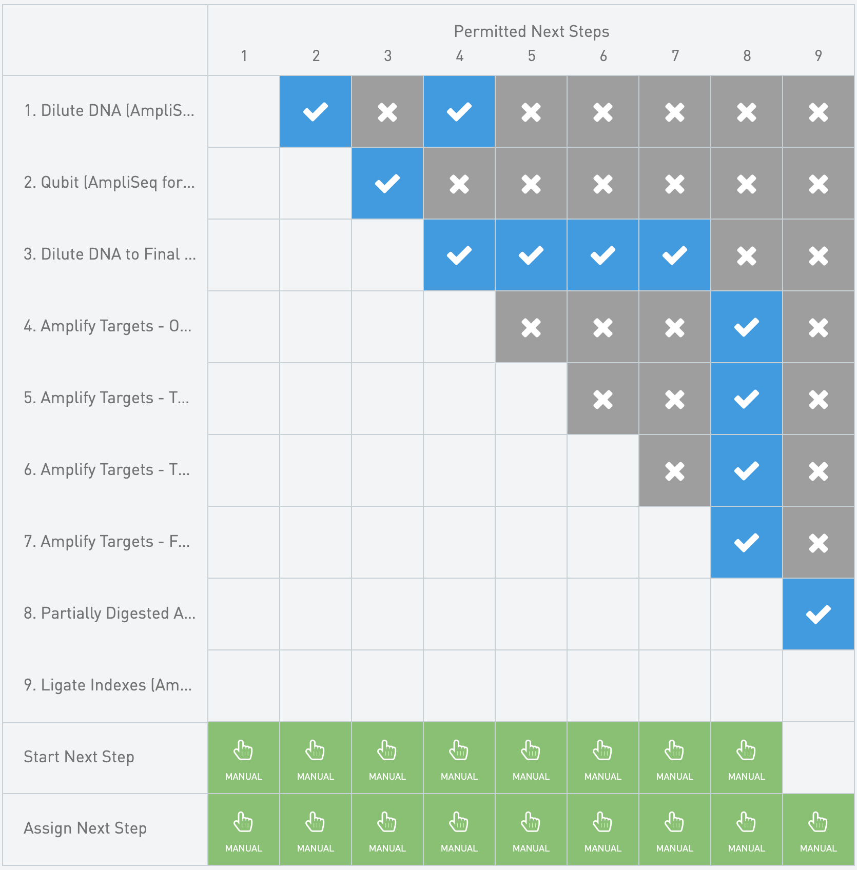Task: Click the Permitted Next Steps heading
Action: click(x=531, y=32)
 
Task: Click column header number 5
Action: click(x=531, y=55)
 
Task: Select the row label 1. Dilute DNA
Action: click(x=109, y=111)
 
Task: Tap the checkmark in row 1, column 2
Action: click(x=316, y=111)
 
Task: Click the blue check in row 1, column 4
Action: click(x=459, y=111)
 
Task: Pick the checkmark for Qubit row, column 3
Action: click(x=387, y=183)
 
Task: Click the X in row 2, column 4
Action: click(x=459, y=183)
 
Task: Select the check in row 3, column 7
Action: click(x=675, y=255)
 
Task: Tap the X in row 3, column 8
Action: click(x=747, y=255)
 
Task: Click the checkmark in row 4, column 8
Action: click(x=747, y=327)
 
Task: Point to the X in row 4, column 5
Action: click(x=531, y=327)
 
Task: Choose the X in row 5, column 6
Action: click(x=603, y=399)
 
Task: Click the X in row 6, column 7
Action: click(x=675, y=470)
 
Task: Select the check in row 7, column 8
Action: click(x=747, y=542)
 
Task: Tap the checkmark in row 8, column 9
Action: click(x=819, y=614)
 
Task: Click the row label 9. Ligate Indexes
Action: click(x=108, y=685)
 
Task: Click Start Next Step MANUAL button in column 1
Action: click(x=244, y=758)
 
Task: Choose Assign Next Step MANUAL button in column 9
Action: click(x=819, y=830)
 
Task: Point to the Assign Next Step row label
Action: click(x=85, y=828)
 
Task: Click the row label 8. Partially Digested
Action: click(x=109, y=614)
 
